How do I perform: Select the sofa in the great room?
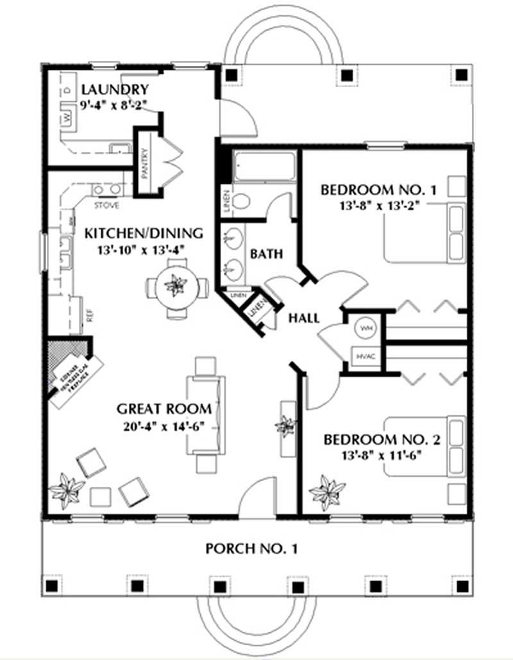(x=206, y=415)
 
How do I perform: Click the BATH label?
(x=266, y=254)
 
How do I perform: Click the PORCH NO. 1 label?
(x=251, y=549)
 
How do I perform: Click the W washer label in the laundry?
(x=66, y=118)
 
